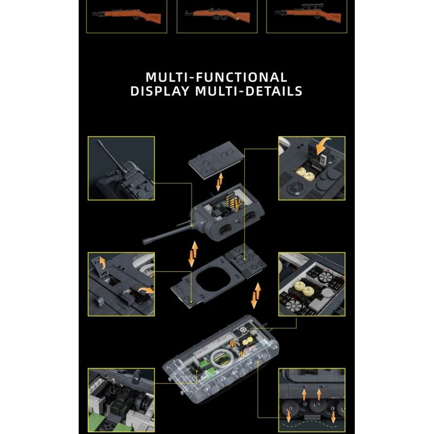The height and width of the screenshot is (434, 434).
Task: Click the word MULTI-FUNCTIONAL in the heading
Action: pos(216,77)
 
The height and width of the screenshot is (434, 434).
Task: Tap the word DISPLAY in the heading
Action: pos(160,91)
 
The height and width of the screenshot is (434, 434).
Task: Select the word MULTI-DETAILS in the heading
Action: pos(249,91)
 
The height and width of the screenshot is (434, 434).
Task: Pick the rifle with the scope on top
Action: pos(308,13)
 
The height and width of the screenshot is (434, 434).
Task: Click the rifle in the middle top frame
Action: pos(218,15)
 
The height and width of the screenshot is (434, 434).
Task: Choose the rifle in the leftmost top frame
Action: pos(126,15)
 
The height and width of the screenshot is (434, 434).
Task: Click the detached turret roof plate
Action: pos(216,159)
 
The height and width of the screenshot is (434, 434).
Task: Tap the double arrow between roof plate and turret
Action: pos(220,182)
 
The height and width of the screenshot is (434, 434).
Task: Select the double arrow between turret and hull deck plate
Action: pos(193,254)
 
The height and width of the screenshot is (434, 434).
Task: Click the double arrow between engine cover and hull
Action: pos(256,296)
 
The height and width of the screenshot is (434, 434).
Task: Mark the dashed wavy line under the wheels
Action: pos(311,424)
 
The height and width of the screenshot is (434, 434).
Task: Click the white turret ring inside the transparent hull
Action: pos(222,359)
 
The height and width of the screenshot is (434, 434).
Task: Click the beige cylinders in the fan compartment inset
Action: pos(304,288)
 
